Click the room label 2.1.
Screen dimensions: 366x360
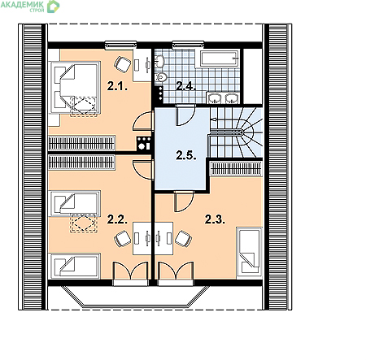coord(117,87)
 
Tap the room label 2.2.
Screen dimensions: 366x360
coord(117,219)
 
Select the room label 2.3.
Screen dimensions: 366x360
coord(215,219)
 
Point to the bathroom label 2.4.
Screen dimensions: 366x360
coord(185,87)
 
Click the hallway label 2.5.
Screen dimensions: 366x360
coord(185,155)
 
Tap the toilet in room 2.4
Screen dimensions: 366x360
coord(162,77)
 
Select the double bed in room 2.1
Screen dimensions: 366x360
coord(75,87)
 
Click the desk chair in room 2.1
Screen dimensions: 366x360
coord(122,64)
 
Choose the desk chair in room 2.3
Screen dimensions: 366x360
coord(184,239)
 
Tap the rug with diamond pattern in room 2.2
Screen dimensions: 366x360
coord(84,223)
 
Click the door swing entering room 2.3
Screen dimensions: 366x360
coord(185,201)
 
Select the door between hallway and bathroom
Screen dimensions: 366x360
coord(185,115)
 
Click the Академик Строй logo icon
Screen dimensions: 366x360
coord(54,7)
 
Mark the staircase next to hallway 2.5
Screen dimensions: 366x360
coord(236,132)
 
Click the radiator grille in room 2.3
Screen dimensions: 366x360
coord(236,168)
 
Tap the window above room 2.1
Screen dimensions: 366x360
coord(120,44)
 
